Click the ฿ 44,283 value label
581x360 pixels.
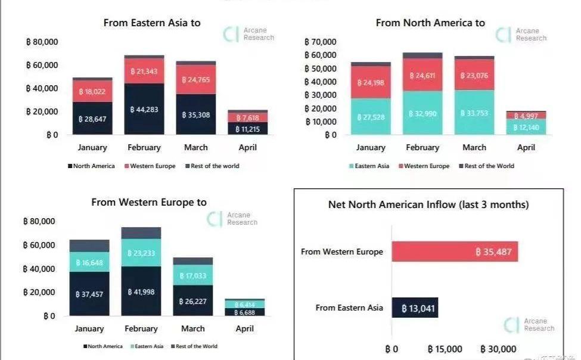point(144,110)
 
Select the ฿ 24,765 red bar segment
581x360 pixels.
point(196,79)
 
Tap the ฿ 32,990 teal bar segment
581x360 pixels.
point(422,113)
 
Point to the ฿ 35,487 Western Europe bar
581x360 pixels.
point(455,252)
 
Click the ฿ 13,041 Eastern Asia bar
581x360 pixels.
point(415,308)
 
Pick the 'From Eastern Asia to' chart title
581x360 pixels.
point(152,23)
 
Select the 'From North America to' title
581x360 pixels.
point(430,23)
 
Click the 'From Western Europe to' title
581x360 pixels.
point(149,202)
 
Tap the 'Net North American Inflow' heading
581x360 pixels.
point(428,204)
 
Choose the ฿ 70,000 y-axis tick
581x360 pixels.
point(321,42)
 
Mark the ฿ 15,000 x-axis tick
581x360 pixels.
point(445,349)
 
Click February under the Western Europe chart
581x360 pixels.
point(141,328)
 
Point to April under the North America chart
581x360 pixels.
point(526,147)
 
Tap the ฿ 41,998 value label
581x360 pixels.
point(141,292)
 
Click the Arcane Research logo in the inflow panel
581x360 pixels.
point(529,325)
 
